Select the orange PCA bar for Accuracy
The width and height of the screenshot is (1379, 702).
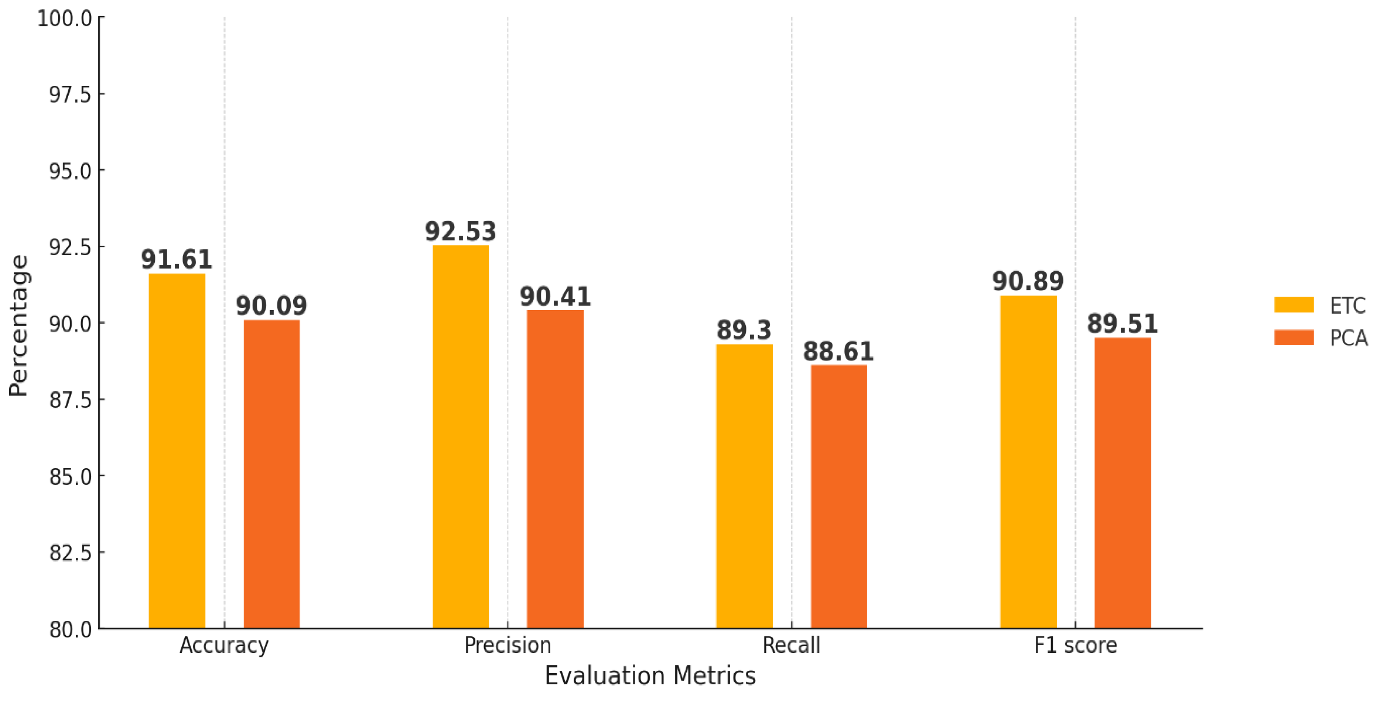click(x=271, y=474)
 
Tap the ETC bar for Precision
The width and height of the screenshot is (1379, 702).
click(x=460, y=436)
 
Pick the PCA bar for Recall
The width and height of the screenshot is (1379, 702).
click(x=838, y=496)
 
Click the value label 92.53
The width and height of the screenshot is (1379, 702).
click(x=460, y=232)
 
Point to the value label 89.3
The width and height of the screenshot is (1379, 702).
click(x=744, y=330)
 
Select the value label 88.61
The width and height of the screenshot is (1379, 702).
click(x=838, y=352)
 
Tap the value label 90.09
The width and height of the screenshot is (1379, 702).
click(x=271, y=306)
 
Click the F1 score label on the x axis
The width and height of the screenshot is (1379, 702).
click(x=1075, y=645)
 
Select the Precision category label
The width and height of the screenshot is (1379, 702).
click(x=508, y=645)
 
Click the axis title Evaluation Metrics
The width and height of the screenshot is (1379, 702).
click(x=650, y=676)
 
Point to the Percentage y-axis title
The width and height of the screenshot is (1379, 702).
click(x=19, y=325)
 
